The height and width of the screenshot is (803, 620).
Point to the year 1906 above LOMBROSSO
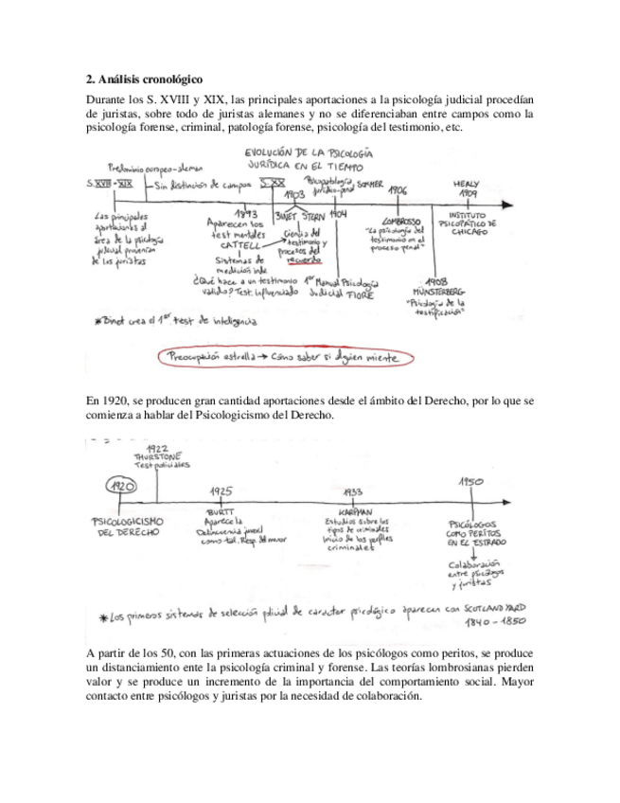click(398, 189)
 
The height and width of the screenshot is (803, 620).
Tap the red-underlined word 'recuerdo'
click(305, 258)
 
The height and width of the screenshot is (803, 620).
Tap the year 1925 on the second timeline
click(221, 491)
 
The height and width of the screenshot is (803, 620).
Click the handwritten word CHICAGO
click(467, 231)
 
